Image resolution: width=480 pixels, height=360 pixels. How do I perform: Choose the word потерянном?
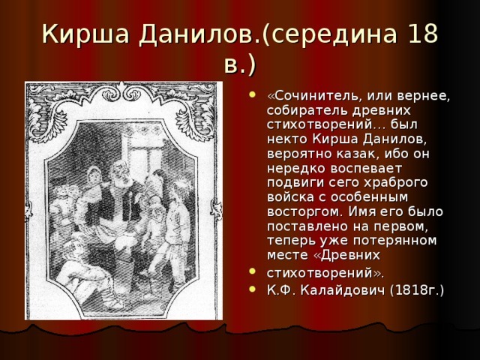(395, 241)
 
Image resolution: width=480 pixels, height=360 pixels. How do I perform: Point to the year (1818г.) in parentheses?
(417, 290)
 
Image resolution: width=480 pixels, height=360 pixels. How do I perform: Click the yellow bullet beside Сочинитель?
(252, 94)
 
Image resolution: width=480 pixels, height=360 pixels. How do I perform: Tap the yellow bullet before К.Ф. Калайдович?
(252, 289)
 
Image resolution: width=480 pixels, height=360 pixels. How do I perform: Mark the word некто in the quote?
(287, 140)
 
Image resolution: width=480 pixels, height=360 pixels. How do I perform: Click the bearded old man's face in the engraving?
(119, 173)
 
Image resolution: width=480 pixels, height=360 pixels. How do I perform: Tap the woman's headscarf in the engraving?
(93, 175)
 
